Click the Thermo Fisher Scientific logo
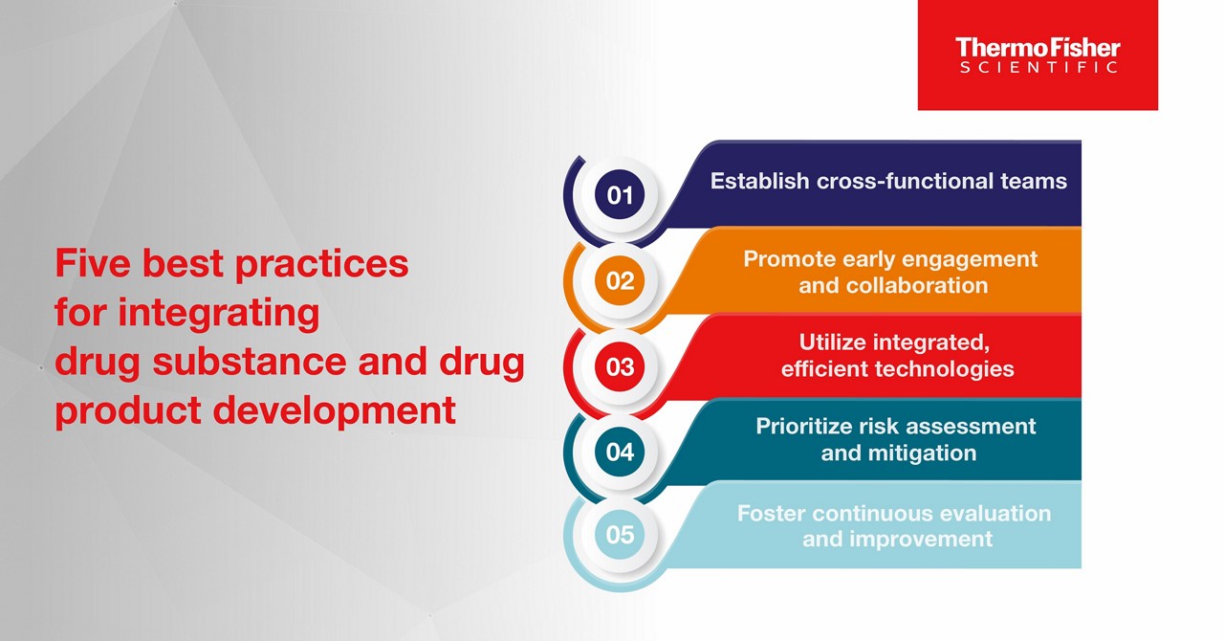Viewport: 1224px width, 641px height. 1038,55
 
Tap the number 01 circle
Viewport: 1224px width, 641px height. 620,196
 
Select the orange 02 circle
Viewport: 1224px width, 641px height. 620,280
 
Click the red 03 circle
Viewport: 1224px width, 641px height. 620,365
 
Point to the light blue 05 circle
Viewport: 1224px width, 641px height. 620,534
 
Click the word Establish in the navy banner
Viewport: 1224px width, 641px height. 759,181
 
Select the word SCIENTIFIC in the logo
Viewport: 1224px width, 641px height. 1038,68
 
